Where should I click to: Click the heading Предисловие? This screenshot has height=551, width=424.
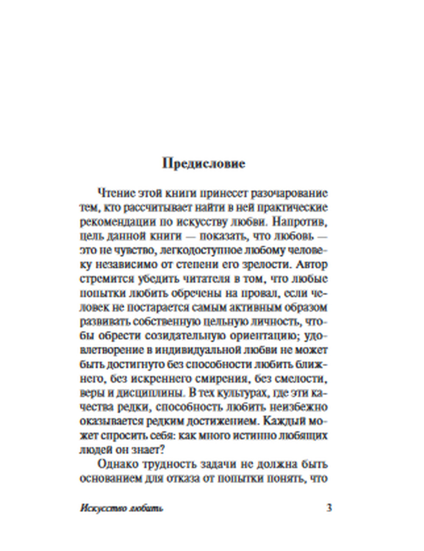204,164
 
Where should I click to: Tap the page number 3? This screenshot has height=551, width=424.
329,507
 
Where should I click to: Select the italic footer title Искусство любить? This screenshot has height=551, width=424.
121,508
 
